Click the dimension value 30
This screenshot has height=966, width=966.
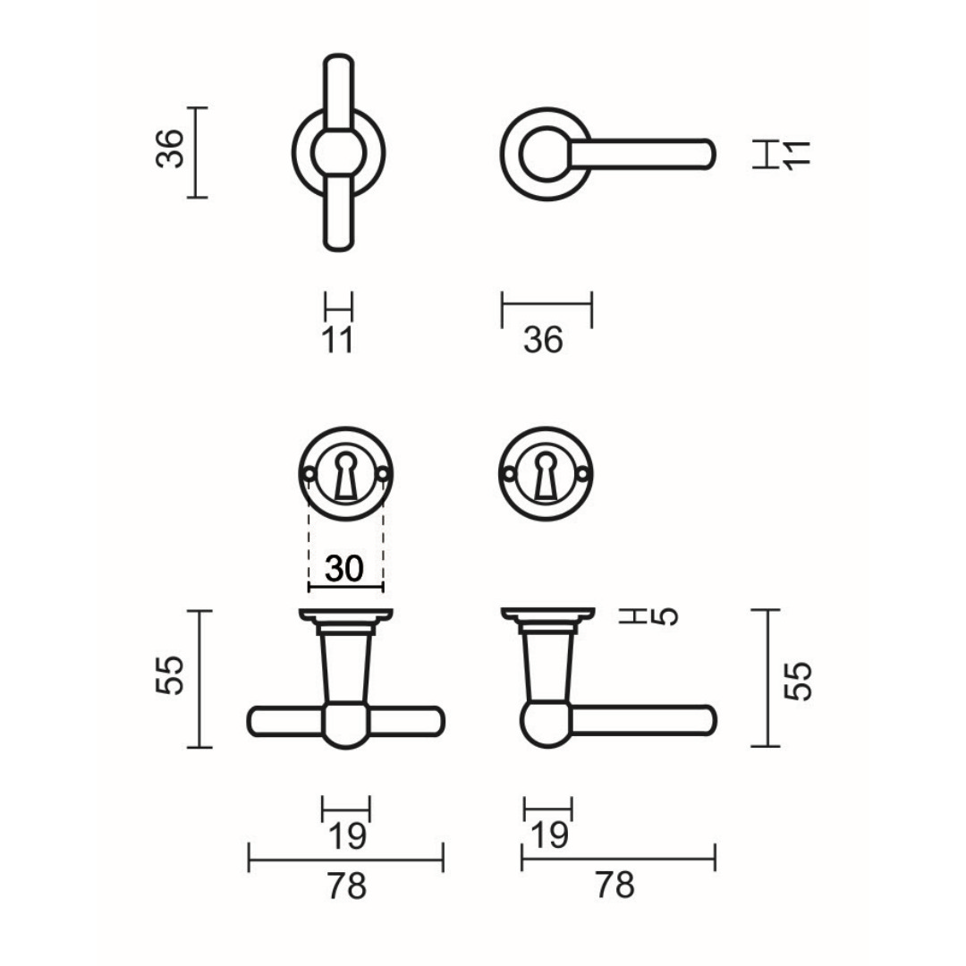(x=345, y=569)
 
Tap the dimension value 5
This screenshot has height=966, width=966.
(x=666, y=616)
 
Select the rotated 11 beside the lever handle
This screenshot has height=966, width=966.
(x=795, y=154)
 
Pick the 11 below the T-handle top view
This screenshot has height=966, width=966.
(x=338, y=340)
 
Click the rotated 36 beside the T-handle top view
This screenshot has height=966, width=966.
(x=170, y=149)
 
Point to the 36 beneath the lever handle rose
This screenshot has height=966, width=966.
(x=544, y=340)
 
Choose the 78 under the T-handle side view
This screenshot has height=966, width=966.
(x=345, y=886)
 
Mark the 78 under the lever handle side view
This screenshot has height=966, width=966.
(x=614, y=886)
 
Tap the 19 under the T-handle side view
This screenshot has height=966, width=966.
(x=346, y=837)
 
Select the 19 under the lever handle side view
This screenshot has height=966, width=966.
(x=548, y=836)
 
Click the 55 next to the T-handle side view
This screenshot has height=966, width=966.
(x=170, y=675)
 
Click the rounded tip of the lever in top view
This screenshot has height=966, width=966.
(x=708, y=154)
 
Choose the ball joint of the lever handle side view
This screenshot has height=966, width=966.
(x=546, y=723)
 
